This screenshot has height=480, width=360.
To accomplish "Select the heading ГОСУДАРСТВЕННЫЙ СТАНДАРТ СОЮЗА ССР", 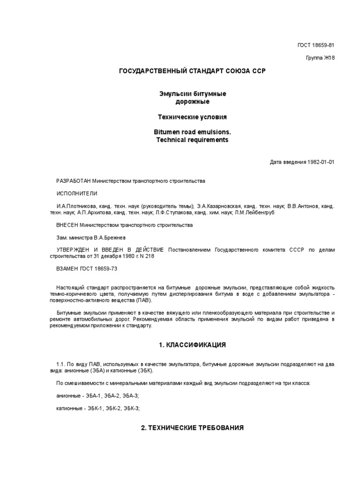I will pyautogui.click(x=192, y=71).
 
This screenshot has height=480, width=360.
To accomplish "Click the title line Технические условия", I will pyautogui.click(x=192, y=116).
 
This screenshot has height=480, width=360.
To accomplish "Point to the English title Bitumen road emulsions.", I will pyautogui.click(x=192, y=133).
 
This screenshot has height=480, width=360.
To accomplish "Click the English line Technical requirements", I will pyautogui.click(x=192, y=140).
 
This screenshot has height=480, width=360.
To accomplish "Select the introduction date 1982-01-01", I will pyautogui.click(x=321, y=162).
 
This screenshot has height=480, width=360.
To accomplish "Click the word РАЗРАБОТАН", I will pyautogui.click(x=73, y=180).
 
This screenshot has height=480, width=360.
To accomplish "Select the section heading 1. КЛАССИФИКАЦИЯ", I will pyautogui.click(x=192, y=345).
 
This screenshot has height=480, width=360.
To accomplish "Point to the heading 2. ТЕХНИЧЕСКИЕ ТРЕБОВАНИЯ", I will pyautogui.click(x=192, y=428).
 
